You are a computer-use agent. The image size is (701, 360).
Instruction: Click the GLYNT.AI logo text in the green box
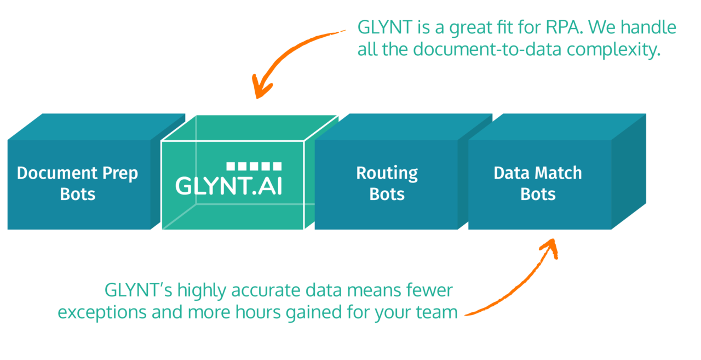click(229, 185)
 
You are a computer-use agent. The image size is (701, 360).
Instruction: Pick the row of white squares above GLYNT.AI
click(254, 166)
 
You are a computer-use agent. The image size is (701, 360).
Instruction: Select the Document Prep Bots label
click(77, 184)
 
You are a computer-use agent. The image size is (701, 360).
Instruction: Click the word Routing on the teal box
click(387, 173)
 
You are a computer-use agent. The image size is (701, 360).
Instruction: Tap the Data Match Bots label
click(538, 184)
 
